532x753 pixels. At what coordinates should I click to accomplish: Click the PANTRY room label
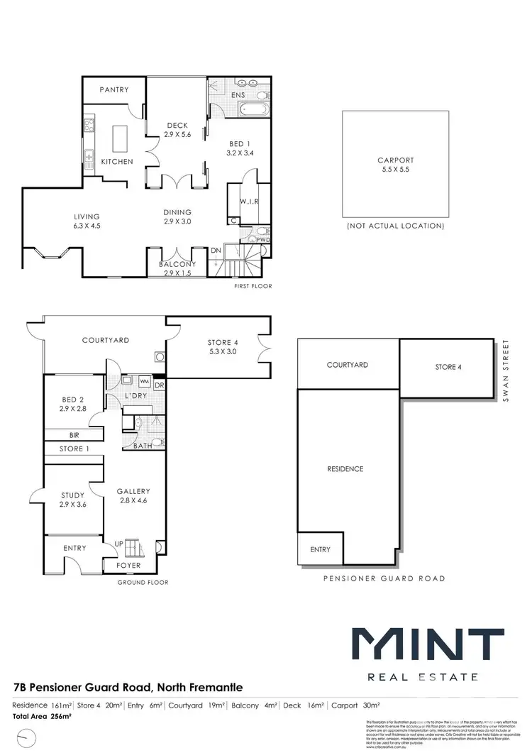point(113,89)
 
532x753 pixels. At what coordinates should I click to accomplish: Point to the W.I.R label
point(248,202)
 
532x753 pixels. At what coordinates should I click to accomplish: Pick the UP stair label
point(119,544)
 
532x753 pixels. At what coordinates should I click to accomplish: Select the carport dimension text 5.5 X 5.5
point(395,170)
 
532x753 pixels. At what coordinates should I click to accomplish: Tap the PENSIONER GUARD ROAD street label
point(384,578)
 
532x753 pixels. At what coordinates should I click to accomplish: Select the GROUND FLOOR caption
point(144,582)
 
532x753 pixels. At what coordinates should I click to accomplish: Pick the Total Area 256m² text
point(43,717)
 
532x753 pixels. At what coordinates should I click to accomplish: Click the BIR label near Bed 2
point(74,435)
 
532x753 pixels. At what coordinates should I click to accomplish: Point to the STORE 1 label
point(74,449)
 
